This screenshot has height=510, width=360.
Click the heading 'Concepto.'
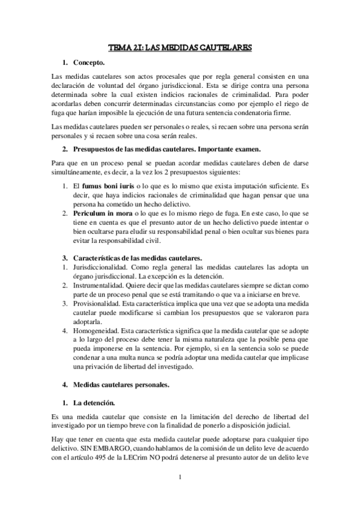pyautogui.click(x=89, y=63)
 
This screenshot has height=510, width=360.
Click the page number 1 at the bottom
pyautogui.click(x=180, y=479)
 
